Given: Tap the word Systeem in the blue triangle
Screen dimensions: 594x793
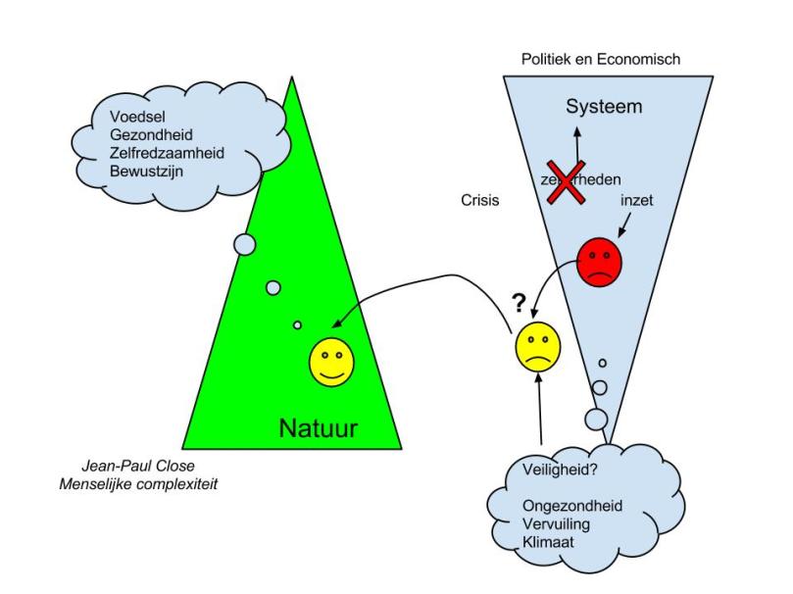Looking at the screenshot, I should (604, 106).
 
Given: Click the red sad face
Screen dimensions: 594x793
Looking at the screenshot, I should (599, 261).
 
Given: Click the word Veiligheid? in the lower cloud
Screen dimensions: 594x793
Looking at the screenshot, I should (548, 472).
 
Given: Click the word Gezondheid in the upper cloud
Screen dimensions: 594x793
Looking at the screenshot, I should (152, 137).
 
